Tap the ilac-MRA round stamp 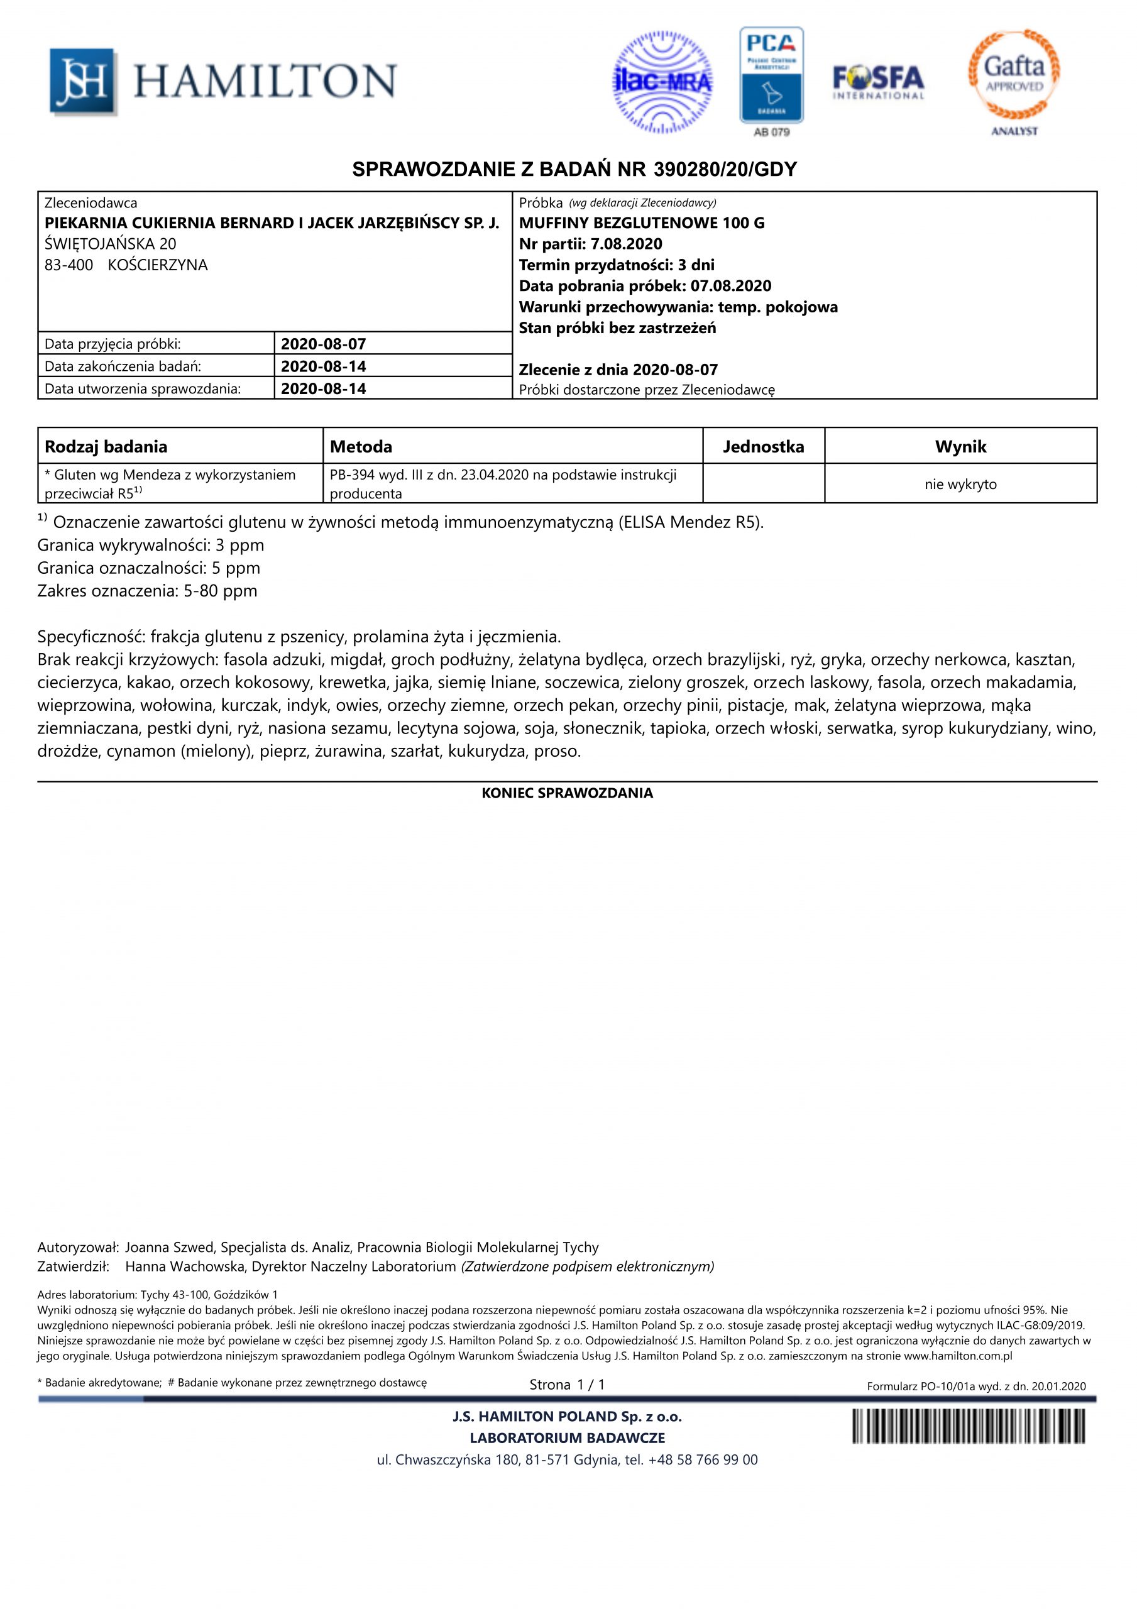[x=662, y=83]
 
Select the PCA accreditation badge [x=771, y=75]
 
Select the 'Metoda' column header [x=361, y=446]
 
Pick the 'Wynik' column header [x=960, y=446]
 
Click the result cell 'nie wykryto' [x=960, y=484]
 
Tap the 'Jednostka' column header [x=764, y=446]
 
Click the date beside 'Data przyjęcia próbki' [x=324, y=344]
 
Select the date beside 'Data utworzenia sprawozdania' [x=324, y=389]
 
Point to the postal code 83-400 [x=69, y=265]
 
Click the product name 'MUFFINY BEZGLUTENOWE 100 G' [x=641, y=224]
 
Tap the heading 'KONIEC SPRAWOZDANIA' [x=567, y=793]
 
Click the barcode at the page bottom [x=968, y=1426]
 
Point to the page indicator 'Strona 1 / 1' [x=567, y=1385]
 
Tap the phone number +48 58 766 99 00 [x=703, y=1461]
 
